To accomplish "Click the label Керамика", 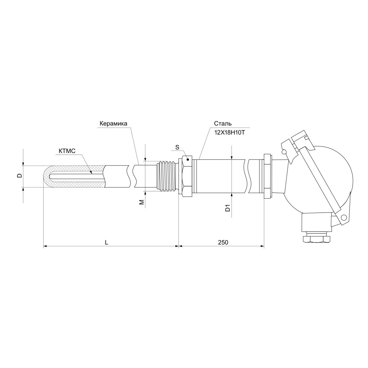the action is (x=113, y=124).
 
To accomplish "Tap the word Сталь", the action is (x=223, y=124).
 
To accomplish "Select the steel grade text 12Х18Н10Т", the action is (x=229, y=132).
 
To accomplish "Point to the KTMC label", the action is (x=67, y=151).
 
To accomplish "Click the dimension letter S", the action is (x=177, y=147).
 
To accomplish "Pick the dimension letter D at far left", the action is (x=20, y=176).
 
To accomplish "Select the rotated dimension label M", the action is (x=141, y=202).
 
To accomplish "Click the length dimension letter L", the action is (x=106, y=242).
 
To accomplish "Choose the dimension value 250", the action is (x=223, y=242).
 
